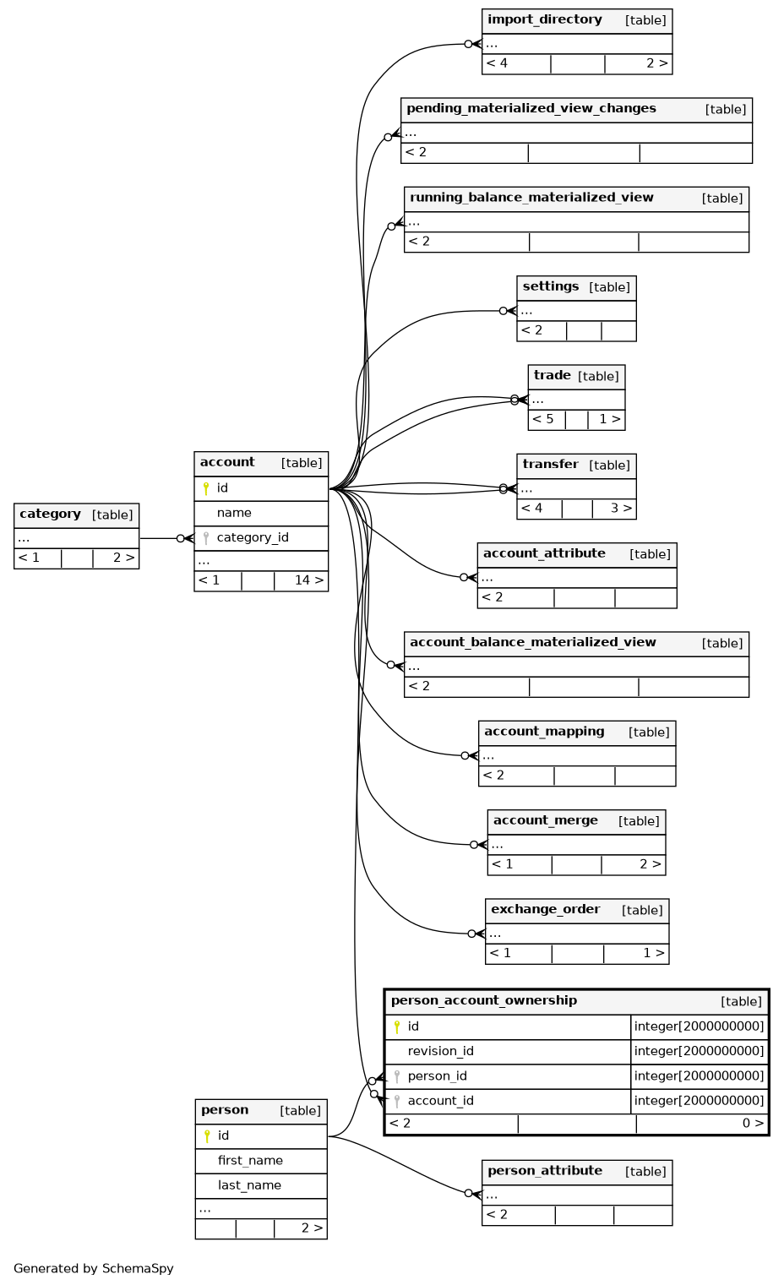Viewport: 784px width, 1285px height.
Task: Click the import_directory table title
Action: (544, 20)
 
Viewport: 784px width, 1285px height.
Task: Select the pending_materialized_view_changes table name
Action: (531, 109)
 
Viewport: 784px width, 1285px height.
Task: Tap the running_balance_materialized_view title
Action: (531, 198)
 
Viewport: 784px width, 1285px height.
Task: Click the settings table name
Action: (551, 287)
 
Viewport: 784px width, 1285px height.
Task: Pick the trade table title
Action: (552, 376)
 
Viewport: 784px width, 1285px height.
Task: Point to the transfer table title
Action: (550, 465)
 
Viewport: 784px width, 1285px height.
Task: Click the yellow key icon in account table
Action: (206, 489)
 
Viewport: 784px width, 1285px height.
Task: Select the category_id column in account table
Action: (253, 538)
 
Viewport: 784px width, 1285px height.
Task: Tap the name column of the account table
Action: (234, 513)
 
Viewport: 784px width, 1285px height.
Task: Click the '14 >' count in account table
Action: (309, 580)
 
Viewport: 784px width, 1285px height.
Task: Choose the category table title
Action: (50, 514)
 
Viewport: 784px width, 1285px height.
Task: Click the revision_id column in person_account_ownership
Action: (440, 1052)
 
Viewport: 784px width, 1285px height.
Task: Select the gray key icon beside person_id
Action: (396, 1077)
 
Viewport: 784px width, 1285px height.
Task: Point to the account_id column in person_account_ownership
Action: (440, 1102)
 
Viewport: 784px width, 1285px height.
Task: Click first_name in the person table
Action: (250, 1161)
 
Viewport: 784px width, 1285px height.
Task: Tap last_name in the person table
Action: (249, 1186)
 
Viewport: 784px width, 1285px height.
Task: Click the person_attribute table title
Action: (545, 1172)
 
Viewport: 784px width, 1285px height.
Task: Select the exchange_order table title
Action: (546, 910)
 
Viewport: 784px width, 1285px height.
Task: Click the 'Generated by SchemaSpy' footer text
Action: (94, 1269)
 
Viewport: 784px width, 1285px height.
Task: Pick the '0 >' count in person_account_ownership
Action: (753, 1124)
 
